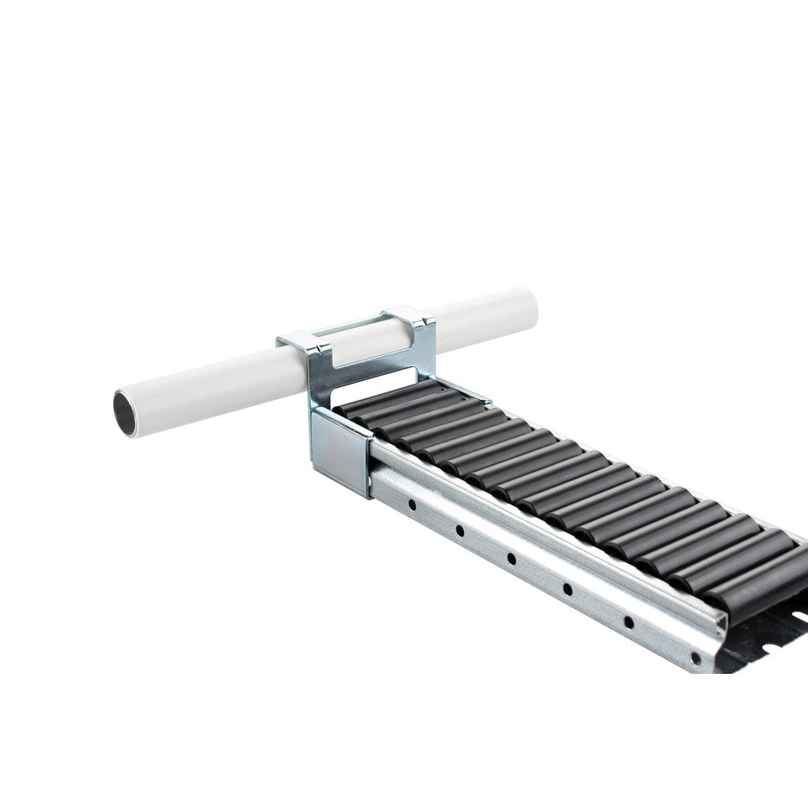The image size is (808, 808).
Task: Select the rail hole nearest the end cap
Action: [x=411, y=505]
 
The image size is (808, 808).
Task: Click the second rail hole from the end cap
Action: [x=459, y=531]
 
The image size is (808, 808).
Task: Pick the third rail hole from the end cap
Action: [x=511, y=558]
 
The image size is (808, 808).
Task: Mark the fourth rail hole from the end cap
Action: [x=567, y=589]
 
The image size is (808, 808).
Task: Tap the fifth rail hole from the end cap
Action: [x=628, y=621]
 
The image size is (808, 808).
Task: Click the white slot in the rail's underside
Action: [x=796, y=618]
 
